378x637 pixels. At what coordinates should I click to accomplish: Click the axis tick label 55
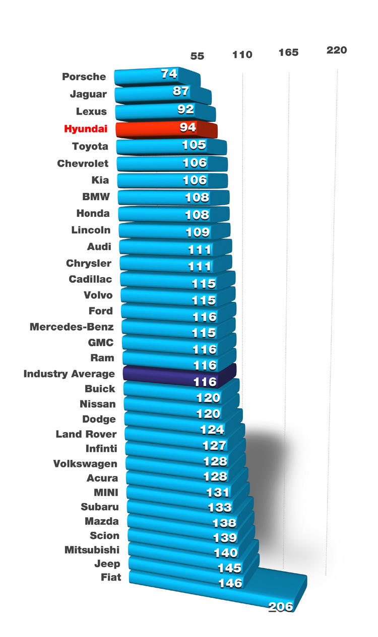point(197,56)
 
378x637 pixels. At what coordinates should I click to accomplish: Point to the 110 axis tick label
point(242,54)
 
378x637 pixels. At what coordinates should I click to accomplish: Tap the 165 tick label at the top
point(288,52)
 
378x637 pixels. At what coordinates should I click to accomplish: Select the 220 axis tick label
point(337,50)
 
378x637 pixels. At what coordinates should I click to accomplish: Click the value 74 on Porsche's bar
point(169,73)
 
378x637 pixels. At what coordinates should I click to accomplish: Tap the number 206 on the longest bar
point(281,606)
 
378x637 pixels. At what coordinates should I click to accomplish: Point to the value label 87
point(180,91)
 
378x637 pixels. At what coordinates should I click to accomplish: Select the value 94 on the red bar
point(187,127)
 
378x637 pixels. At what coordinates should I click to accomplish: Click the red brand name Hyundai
point(86,129)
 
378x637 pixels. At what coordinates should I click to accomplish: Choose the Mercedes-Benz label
point(72,327)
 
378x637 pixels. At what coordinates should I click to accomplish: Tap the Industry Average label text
point(69,374)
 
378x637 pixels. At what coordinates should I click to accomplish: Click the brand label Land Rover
point(86,434)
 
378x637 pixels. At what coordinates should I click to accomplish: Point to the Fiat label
point(111,578)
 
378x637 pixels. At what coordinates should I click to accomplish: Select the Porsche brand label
point(84,77)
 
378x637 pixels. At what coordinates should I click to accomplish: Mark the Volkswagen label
point(85,464)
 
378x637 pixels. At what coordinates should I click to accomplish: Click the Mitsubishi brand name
point(92,550)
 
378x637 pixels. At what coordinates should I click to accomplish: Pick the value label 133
point(220,507)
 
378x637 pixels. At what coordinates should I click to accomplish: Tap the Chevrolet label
point(83,164)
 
